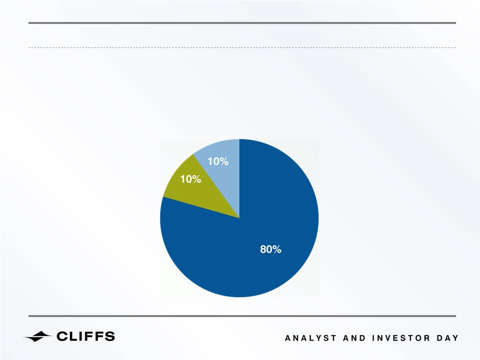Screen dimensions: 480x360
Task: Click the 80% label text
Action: coord(271,249)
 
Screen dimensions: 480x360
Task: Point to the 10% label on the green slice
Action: coord(190,179)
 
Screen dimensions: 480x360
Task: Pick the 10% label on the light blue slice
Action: coord(218,161)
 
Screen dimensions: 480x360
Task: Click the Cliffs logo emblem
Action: coord(37,337)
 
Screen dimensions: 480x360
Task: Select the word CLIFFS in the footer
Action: coord(86,336)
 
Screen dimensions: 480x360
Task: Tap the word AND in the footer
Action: coord(354,338)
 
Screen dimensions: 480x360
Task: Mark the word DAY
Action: coord(448,338)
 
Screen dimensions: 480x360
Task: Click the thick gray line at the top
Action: coord(242,23)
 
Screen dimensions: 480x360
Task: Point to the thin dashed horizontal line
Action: coord(242,48)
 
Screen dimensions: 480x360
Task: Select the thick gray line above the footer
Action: coord(242,316)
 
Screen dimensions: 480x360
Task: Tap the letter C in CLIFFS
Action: coord(62,336)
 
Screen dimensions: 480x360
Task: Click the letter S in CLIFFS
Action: coord(109,336)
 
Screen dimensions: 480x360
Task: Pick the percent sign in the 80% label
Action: coord(277,249)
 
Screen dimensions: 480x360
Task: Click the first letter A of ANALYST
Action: coord(288,338)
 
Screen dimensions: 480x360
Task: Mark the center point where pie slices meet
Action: coord(239,218)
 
